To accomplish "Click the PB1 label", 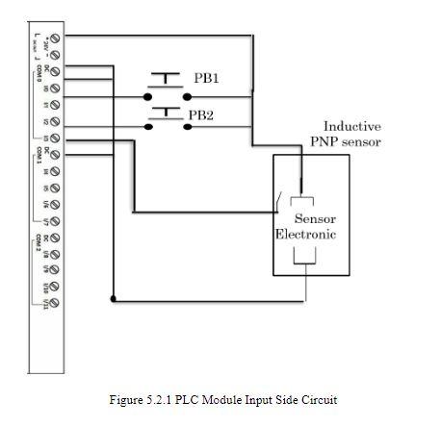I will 206,79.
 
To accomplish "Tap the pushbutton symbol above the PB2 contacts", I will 167,113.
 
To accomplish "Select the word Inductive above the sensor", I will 351,126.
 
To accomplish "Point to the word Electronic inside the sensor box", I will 305,235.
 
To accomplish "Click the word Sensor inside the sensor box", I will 315,219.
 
